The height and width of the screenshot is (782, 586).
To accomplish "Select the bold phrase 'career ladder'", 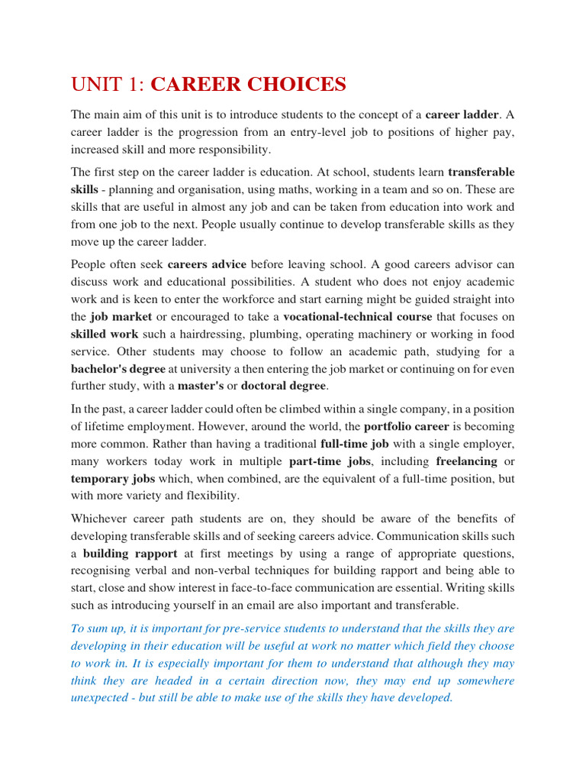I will coord(461,115).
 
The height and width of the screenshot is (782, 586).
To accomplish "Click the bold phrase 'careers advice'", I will coord(213,265).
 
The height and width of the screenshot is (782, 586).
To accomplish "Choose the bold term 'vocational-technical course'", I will coord(357,316).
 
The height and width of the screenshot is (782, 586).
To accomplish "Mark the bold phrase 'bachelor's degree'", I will coord(124,368).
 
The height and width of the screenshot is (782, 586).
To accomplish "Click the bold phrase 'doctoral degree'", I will coord(283,386).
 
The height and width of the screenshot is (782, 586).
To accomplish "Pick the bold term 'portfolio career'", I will coord(407,426).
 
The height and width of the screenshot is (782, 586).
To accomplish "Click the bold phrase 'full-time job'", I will coord(356,444).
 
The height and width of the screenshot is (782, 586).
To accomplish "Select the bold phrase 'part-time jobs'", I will coord(330,461).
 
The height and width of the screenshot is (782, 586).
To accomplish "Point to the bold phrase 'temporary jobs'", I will coord(112,479).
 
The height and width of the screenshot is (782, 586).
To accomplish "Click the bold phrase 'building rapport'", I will coord(130,554).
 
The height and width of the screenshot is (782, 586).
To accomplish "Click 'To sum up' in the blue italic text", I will coord(98,629).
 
